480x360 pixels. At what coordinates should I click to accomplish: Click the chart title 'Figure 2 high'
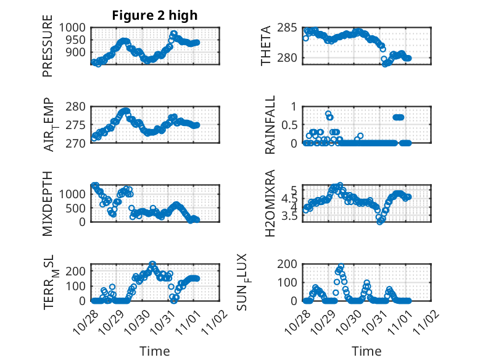155,15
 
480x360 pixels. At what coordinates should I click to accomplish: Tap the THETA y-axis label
266,46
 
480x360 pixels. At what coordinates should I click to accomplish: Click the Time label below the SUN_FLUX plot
366,351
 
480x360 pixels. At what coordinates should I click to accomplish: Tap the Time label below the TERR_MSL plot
154,351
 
